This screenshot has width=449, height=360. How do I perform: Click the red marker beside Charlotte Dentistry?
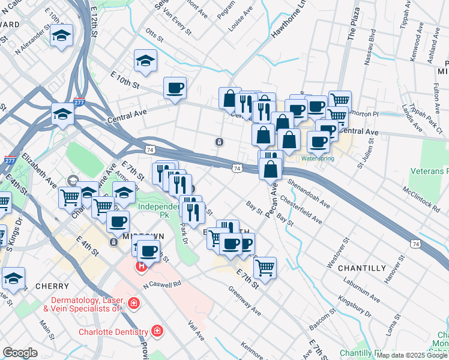click(x=157, y=331)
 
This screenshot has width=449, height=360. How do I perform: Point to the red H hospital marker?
click(x=142, y=266)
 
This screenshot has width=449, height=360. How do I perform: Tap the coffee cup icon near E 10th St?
click(x=175, y=88)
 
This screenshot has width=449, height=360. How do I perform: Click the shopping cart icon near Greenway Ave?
click(x=265, y=267)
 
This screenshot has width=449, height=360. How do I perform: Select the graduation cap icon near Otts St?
click(x=145, y=61)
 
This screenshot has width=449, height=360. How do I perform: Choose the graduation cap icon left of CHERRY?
click(x=13, y=278)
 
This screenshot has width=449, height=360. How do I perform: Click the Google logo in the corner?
click(x=20, y=353)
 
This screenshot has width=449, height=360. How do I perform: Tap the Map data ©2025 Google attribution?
click(x=412, y=356)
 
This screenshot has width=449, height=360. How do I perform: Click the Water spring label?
click(x=317, y=158)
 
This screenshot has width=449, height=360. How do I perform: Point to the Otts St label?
click(x=154, y=35)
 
